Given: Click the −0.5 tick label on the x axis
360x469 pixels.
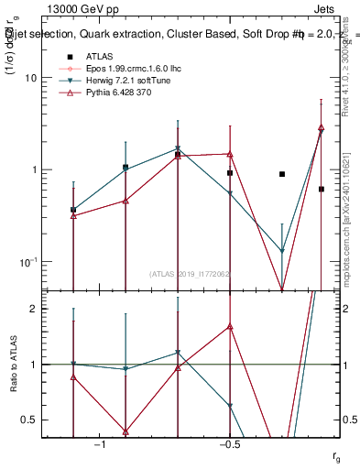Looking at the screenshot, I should pos(229,445).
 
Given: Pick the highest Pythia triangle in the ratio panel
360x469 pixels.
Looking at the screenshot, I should pos(230,326).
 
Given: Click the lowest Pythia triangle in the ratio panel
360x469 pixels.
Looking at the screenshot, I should pos(125,431).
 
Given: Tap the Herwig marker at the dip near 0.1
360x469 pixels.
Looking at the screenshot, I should pos(282,250).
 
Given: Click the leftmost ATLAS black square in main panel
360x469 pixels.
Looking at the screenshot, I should pos(73,210).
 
